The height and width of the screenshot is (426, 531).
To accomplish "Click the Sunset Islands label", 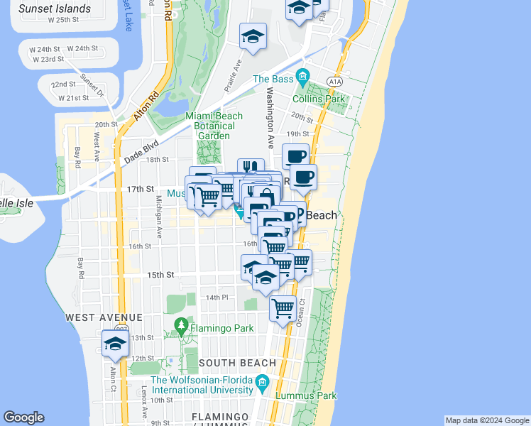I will click(55, 9).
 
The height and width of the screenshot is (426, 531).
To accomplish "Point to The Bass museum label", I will click(273, 79).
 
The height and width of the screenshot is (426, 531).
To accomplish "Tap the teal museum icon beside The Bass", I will click(303, 76).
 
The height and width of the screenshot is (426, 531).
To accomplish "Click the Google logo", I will click(23, 417).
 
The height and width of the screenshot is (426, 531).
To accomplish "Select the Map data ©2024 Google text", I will click(487, 420).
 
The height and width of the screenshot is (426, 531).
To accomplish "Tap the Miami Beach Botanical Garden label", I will click(214, 126).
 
